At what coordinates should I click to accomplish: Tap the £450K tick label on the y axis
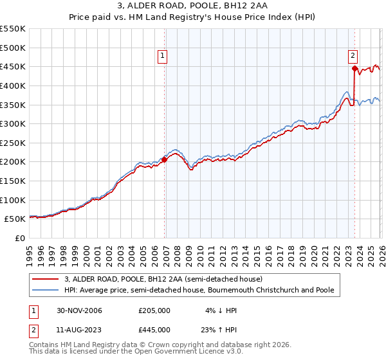13,66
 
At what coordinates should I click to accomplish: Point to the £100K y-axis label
13,200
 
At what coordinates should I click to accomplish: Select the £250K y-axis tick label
13,143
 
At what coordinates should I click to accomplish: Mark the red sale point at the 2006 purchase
164,159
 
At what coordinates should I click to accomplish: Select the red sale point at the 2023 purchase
354,68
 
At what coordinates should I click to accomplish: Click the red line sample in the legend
46,280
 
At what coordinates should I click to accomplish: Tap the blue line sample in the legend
46,291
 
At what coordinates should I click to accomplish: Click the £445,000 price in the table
154,329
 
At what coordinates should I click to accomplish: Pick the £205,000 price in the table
154,310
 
